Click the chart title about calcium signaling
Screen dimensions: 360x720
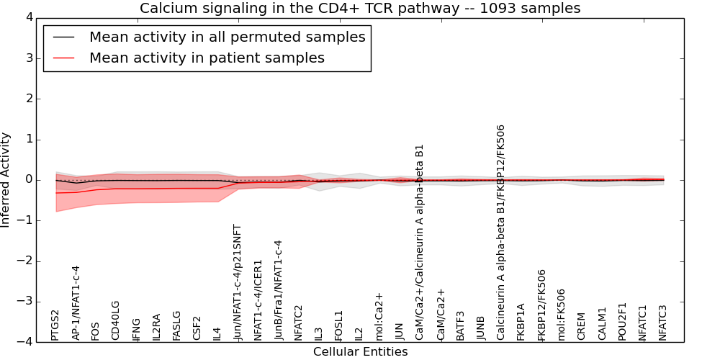pyautogui.click(x=360, y=8)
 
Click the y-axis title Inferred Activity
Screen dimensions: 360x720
pyautogui.click(x=6, y=180)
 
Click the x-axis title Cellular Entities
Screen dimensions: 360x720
pyautogui.click(x=360, y=352)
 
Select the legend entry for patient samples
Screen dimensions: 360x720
pyautogui.click(x=207, y=58)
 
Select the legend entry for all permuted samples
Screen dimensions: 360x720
pyautogui.click(x=227, y=37)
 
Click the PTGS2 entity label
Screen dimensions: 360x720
pyautogui.click(x=55, y=325)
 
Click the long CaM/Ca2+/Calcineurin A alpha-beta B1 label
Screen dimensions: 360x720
pyautogui.click(x=420, y=243)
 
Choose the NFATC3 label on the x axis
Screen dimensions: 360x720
pyautogui.click(x=663, y=322)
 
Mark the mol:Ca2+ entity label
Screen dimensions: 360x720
pyautogui.click(x=379, y=316)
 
